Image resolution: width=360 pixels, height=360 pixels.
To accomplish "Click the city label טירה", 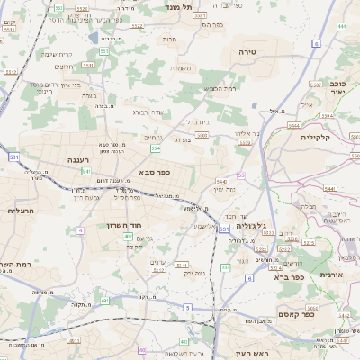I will pyautogui.click(x=248, y=53).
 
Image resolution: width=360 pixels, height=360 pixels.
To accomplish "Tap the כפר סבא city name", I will pyautogui.click(x=155, y=172).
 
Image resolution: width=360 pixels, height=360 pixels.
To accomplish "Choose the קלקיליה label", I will pyautogui.click(x=317, y=137).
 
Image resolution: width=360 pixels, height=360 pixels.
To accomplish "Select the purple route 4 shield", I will pyautogui.click(x=79, y=230).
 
